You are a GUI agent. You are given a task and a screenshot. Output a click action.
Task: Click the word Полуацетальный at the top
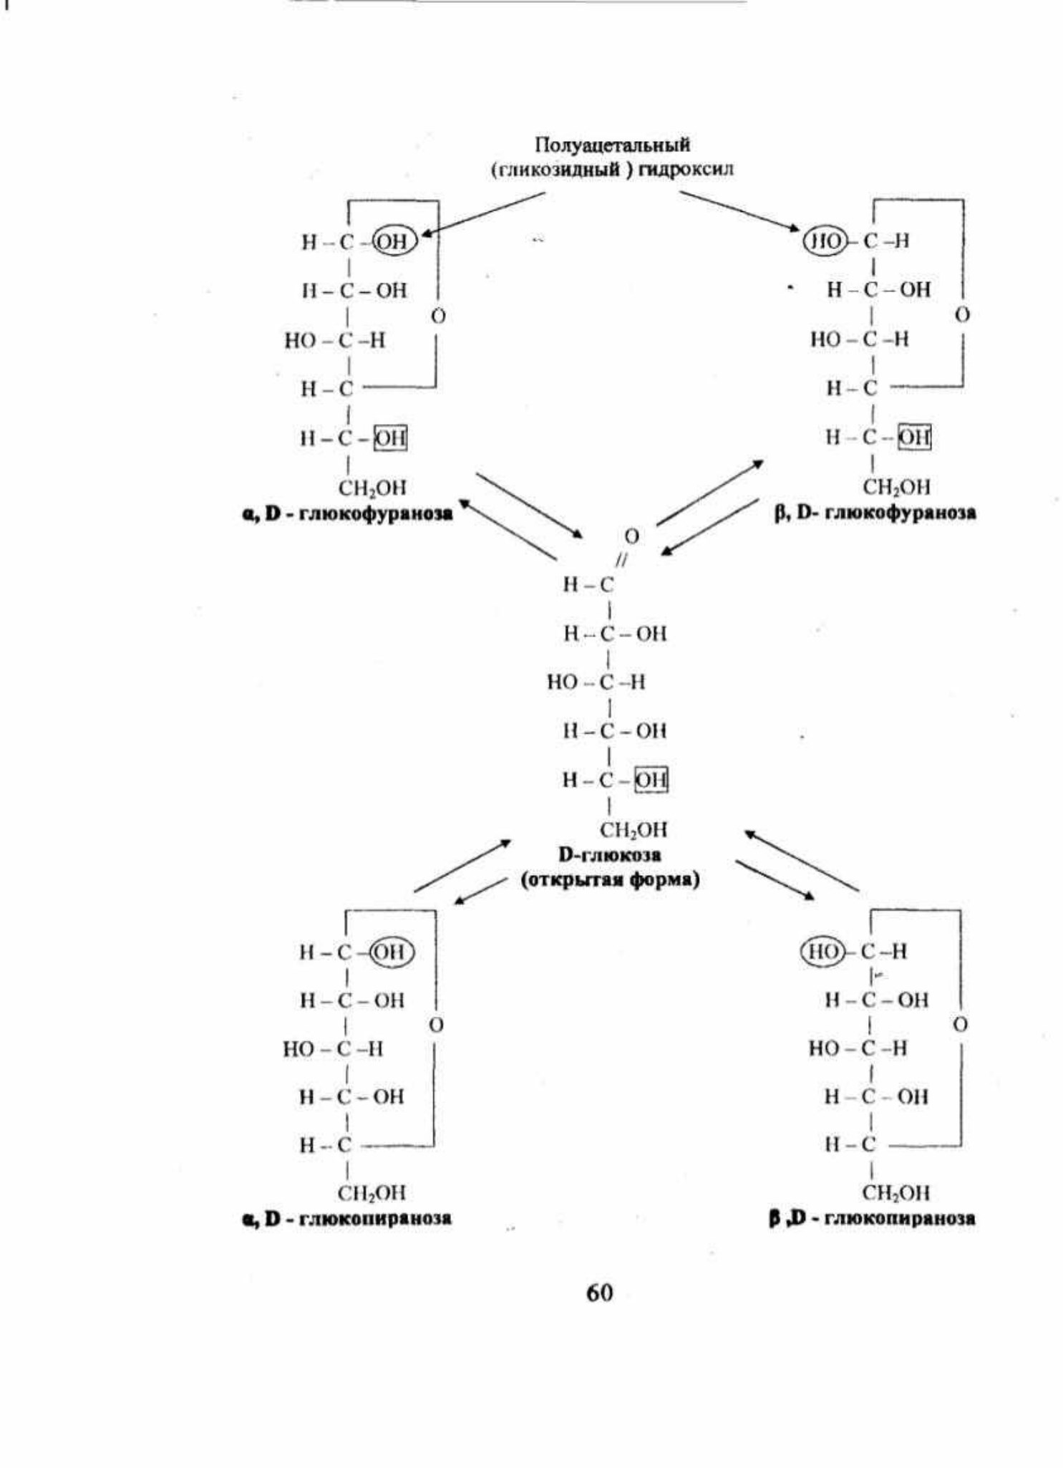[x=613, y=145]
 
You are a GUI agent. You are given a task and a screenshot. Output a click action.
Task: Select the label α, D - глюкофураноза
[x=348, y=514]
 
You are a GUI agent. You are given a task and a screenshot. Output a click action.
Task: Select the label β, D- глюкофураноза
[x=875, y=513]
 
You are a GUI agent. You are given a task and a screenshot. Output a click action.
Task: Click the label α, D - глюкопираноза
[x=347, y=1218]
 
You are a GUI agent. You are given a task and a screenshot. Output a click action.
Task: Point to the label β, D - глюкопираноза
[x=872, y=1218]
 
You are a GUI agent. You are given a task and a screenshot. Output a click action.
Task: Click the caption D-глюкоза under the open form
[x=610, y=855]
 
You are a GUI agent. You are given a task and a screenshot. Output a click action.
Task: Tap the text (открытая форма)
[x=610, y=879]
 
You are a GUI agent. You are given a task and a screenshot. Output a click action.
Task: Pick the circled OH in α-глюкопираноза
[x=392, y=952]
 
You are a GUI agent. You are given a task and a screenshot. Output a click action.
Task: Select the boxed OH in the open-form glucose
[x=651, y=780]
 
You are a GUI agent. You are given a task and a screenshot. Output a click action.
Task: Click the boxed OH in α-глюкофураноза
[x=391, y=438]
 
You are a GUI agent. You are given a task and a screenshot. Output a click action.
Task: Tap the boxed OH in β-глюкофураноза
[x=916, y=437]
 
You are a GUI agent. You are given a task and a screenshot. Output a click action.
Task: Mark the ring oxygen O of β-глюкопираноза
[x=961, y=1025]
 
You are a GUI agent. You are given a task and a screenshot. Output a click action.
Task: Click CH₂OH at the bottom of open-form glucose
[x=633, y=830]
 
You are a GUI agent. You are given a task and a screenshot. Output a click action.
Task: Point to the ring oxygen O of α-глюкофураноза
[x=438, y=315]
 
